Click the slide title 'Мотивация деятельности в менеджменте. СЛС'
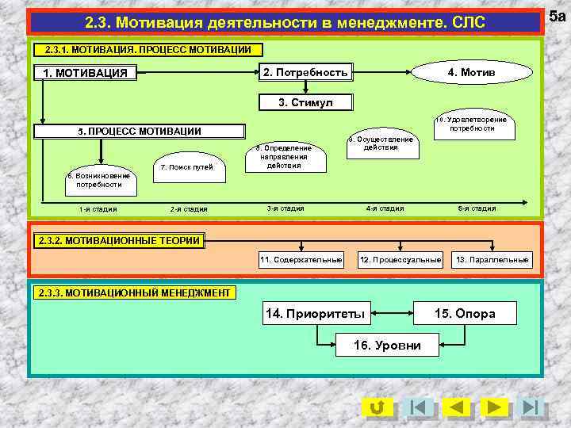285,21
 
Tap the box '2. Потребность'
305,73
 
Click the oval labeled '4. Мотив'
471,73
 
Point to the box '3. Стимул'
305,103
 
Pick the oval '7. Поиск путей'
186,168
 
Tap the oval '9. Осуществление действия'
387,143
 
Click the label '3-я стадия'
285,208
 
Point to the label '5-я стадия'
477,208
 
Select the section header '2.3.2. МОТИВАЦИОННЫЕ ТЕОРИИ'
119,240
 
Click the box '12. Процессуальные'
400,260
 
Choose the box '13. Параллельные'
491,260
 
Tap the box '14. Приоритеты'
315,314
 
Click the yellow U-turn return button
377,407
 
